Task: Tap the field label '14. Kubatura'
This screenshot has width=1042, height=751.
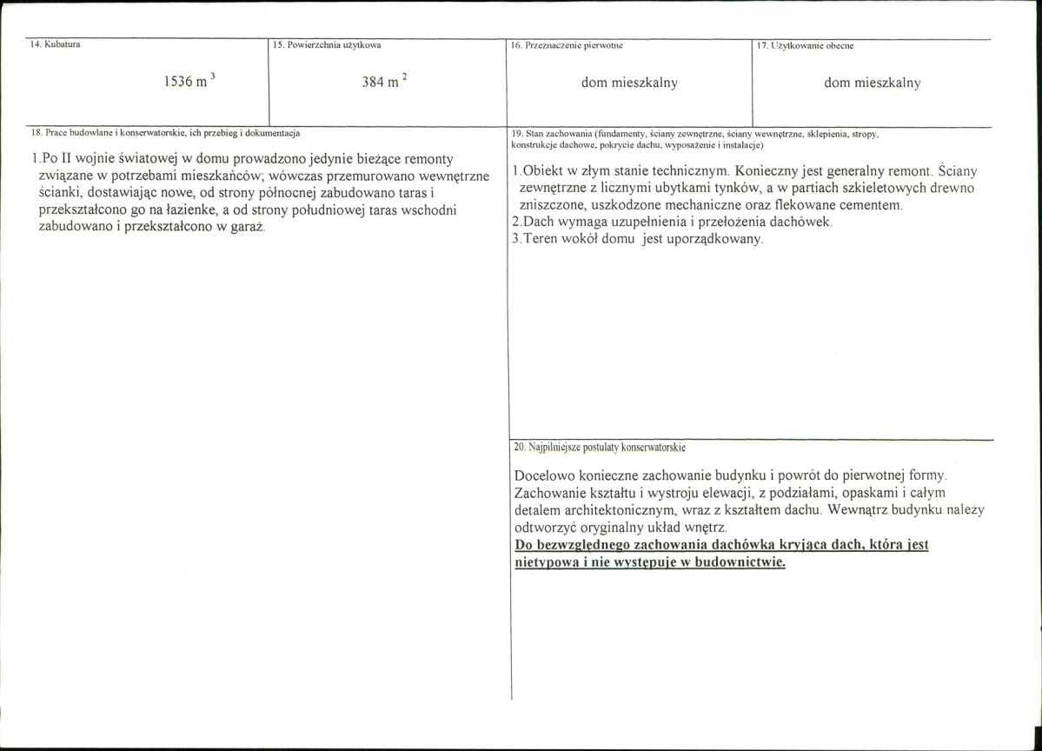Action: coord(56,43)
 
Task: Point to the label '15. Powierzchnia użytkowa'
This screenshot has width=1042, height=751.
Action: coord(327,43)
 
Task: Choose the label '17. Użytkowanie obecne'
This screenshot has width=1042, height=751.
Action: coord(806,44)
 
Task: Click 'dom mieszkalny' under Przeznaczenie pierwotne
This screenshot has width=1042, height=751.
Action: coord(629,83)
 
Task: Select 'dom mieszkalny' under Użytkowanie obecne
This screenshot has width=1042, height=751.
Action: coord(872,83)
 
